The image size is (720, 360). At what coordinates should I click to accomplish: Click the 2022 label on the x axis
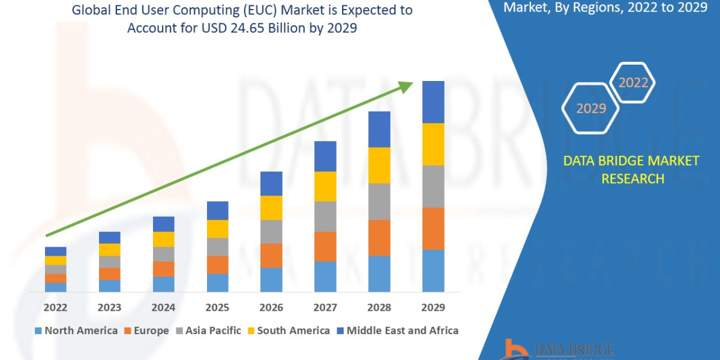tap(55, 308)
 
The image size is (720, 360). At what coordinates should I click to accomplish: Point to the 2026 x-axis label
tap(271, 308)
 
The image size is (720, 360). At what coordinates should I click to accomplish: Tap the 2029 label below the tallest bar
tap(433, 308)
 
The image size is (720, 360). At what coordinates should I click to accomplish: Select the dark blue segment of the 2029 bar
tap(433, 102)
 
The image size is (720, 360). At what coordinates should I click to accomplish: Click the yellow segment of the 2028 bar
tap(379, 165)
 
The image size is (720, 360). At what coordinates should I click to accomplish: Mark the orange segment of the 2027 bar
tap(325, 246)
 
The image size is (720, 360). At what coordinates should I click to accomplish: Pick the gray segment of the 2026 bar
tap(271, 232)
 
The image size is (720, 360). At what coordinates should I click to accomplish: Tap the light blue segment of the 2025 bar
tap(217, 283)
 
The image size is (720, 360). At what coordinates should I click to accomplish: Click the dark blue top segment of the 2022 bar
tap(55, 251)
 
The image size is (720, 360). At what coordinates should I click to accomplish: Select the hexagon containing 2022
tap(632, 83)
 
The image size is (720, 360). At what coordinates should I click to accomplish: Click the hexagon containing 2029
tap(590, 109)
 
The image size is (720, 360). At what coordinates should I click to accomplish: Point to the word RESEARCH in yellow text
tap(632, 179)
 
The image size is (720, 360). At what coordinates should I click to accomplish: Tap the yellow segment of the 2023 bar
tap(109, 250)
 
